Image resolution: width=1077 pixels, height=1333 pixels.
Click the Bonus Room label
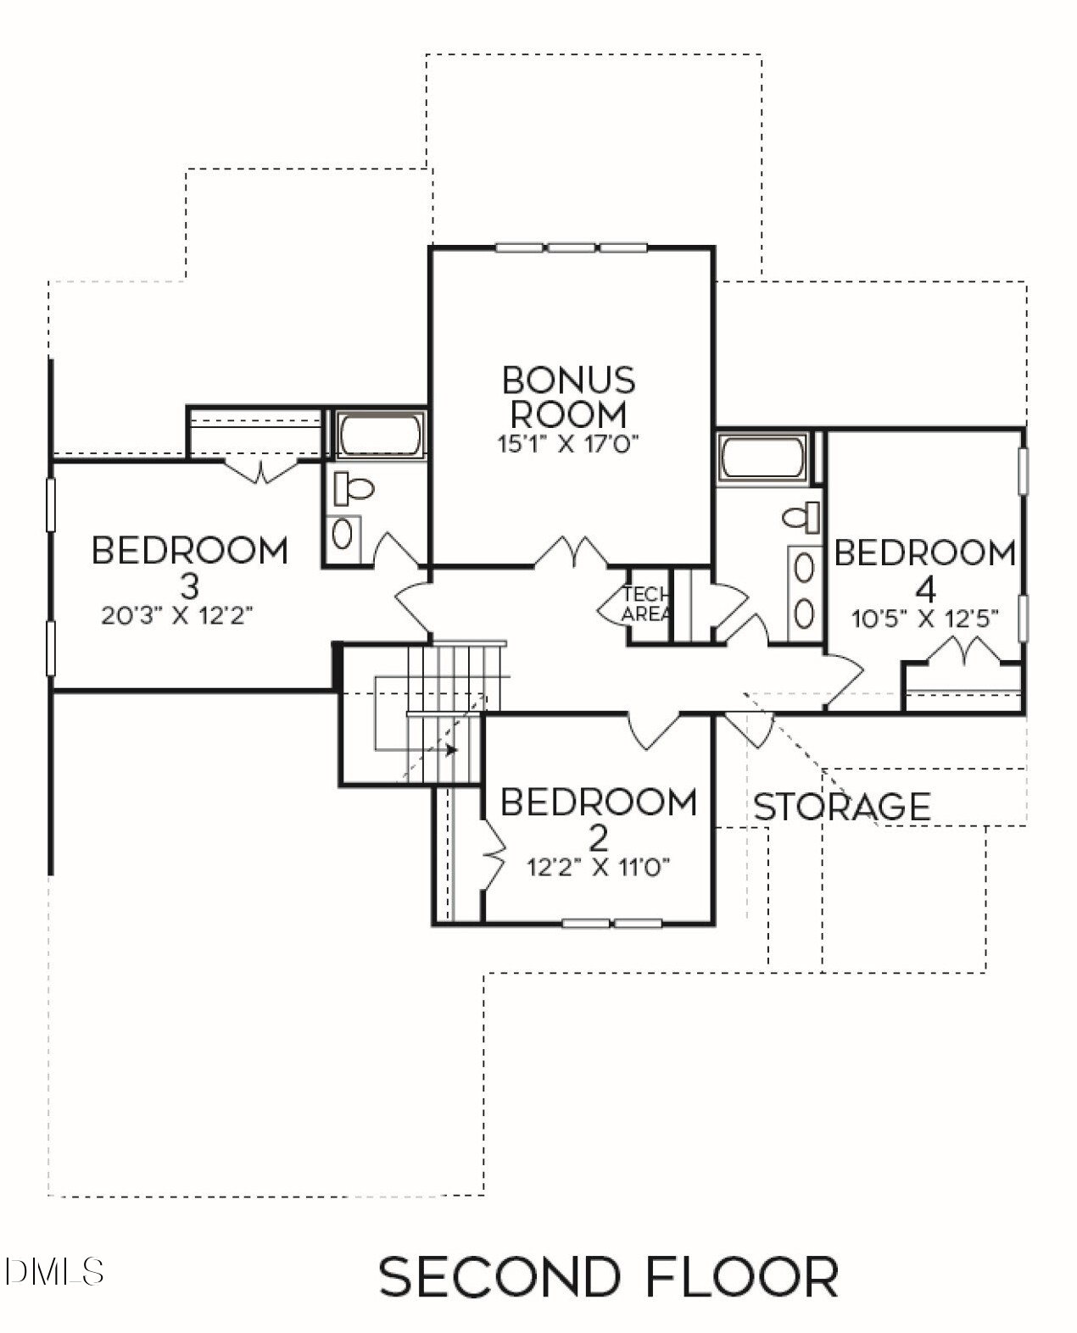568,397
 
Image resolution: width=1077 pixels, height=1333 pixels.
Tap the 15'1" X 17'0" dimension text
568,443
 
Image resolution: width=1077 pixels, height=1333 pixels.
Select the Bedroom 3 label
190,566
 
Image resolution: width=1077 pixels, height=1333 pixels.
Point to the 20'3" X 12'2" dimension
177,615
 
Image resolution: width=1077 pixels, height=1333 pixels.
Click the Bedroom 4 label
924,568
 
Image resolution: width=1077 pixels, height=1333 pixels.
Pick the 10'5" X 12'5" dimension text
924,618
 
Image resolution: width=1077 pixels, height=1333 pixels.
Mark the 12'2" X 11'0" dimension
599,867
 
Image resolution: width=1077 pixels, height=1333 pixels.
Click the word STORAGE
841,807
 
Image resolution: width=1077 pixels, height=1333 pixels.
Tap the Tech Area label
646,604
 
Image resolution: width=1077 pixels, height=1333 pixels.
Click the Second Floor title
608,1277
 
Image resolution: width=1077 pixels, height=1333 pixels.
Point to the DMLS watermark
53,1271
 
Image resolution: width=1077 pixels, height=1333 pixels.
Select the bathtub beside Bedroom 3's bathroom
381,436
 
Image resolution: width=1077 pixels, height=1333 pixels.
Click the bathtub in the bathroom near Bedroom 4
763,458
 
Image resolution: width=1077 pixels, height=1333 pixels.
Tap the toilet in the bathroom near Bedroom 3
354,488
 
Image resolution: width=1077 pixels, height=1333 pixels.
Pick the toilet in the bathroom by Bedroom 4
801,516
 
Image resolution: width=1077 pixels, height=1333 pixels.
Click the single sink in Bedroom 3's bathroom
343,534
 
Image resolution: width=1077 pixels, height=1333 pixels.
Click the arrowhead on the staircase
452,750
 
